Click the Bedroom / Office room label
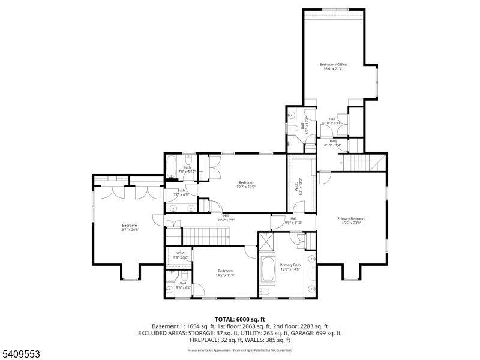333,66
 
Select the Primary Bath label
290,267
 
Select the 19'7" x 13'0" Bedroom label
246,184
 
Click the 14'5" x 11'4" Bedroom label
225,273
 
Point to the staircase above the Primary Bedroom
361,161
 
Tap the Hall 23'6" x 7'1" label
226,218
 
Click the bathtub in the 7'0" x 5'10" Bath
171,164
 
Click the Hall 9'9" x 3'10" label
293,220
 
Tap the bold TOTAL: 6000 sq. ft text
240,319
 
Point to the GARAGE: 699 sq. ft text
322,332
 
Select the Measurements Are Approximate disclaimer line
240,350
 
